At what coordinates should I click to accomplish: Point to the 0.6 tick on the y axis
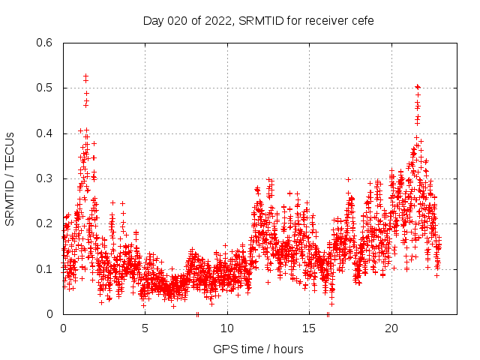pos(46,43)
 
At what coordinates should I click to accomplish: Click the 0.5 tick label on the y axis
pos(46,88)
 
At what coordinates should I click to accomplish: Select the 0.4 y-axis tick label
pos(46,133)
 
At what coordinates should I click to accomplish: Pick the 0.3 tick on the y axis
pos(46,178)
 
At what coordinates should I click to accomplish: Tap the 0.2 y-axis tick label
pos(46,223)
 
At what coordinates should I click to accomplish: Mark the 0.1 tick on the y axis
pos(46,268)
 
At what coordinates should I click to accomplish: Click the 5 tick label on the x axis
pos(145,328)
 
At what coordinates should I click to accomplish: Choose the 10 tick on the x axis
pos(227,328)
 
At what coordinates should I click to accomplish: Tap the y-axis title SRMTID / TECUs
pos(10,178)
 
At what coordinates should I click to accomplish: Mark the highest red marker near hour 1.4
pos(86,76)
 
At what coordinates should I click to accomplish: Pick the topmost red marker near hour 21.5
pos(417,87)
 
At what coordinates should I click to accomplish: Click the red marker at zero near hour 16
pos(328,314)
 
